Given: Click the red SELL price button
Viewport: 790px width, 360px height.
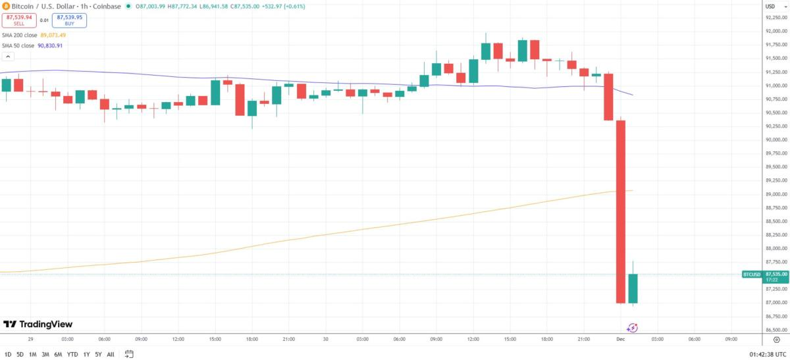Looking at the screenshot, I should pyautogui.click(x=18, y=20).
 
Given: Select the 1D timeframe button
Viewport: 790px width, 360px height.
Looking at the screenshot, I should pyautogui.click(x=8, y=354).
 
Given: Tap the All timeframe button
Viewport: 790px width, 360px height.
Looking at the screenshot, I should pyautogui.click(x=110, y=354).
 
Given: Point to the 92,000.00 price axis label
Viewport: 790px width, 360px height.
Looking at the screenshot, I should pyautogui.click(x=776, y=31).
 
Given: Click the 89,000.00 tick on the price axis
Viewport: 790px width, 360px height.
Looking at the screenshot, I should pyautogui.click(x=776, y=194).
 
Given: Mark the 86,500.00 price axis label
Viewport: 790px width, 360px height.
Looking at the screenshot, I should pyautogui.click(x=776, y=330).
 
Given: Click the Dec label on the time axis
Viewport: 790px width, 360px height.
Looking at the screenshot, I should pyautogui.click(x=619, y=339).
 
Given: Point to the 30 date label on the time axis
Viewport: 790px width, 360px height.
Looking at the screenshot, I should pyautogui.click(x=325, y=339).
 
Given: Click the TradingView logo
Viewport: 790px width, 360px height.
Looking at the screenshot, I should pyautogui.click(x=38, y=324).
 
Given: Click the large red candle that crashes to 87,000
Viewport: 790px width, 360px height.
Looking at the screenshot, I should pyautogui.click(x=620, y=211).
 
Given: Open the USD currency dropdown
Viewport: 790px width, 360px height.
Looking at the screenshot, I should pyautogui.click(x=770, y=6).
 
